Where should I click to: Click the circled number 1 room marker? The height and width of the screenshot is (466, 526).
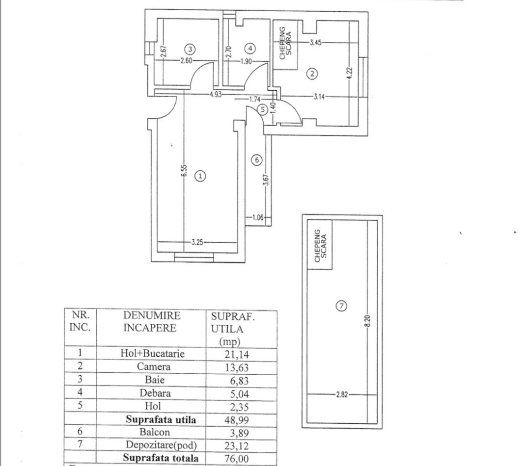point(200,176)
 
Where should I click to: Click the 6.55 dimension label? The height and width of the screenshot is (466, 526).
point(183,171)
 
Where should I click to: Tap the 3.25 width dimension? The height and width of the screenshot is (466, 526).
point(197,241)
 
